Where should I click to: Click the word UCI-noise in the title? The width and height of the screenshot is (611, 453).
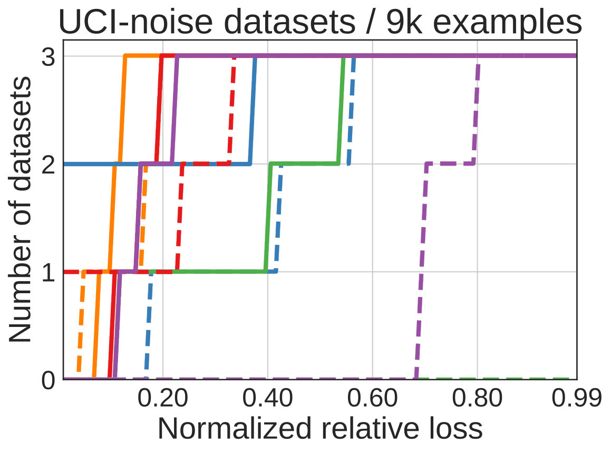[135, 22]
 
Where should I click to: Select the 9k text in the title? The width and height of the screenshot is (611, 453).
[404, 22]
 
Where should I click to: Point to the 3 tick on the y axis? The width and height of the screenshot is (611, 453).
[49, 57]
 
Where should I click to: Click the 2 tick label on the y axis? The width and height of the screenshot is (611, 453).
[49, 165]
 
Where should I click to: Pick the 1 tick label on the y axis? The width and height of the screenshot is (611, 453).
[49, 273]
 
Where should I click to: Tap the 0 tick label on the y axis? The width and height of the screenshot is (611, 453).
[49, 380]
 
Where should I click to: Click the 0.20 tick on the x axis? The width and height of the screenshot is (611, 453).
[163, 398]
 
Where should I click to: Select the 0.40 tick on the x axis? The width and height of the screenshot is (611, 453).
[268, 398]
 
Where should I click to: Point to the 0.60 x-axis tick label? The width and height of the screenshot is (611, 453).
[373, 398]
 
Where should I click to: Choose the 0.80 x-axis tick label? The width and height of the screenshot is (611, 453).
[477, 398]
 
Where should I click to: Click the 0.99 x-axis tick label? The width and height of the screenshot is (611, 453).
[577, 398]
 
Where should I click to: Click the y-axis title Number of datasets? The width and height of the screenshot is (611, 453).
[20, 209]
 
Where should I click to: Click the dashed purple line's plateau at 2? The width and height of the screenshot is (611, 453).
[451, 163]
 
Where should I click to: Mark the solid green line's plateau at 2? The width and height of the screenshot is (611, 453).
[304, 163]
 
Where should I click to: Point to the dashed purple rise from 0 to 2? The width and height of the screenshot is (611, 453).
[422, 271]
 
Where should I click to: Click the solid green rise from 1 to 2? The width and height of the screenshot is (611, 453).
[268, 217]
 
